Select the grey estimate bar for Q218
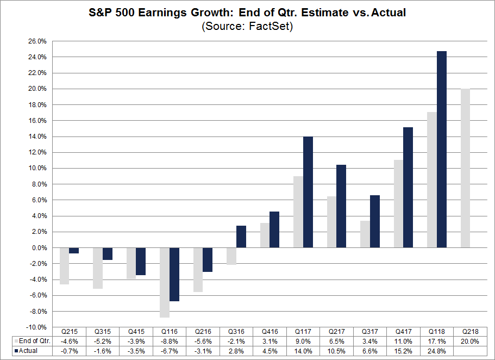466,168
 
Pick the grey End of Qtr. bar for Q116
165,282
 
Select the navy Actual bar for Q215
73,250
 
